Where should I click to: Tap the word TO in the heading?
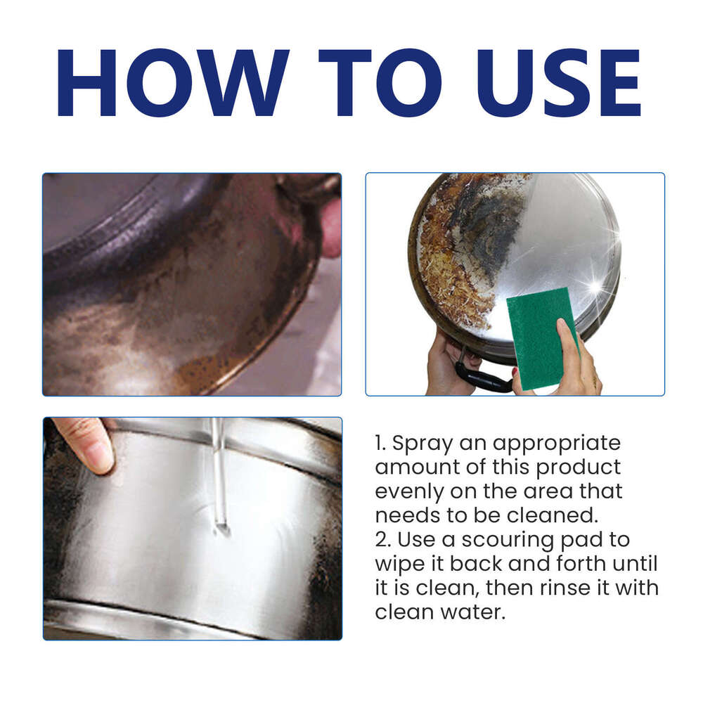pyautogui.click(x=380, y=82)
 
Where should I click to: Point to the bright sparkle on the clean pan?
pyautogui.click(x=596, y=287)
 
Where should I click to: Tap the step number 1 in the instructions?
pyautogui.click(x=380, y=444)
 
